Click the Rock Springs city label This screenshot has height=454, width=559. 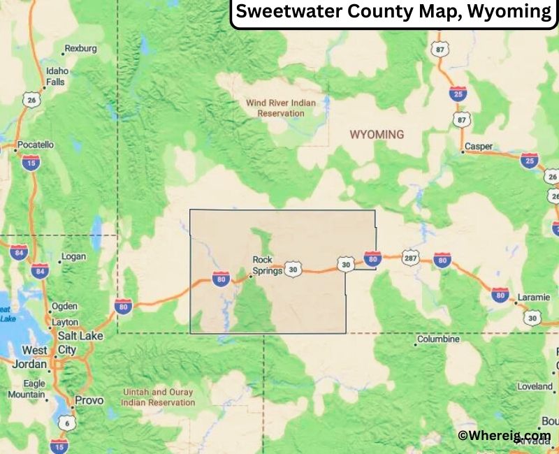(x=267, y=265)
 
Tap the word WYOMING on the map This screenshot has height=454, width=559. (x=377, y=134)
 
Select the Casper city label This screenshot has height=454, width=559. (x=479, y=146)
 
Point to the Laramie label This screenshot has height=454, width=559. (x=533, y=298)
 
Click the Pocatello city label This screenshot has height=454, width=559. (x=35, y=145)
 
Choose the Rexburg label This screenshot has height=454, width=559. (x=79, y=49)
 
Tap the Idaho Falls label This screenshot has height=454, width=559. (x=57, y=76)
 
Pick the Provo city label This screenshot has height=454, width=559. (x=89, y=400)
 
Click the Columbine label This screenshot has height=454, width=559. (x=438, y=339)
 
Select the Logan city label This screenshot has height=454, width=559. (x=73, y=256)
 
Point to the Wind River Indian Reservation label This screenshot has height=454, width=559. (x=280, y=108)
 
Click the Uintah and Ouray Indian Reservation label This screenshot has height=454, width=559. (x=158, y=397)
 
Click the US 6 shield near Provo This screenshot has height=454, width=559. (x=65, y=423)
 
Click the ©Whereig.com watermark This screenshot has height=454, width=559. (x=504, y=435)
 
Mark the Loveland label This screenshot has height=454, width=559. (x=535, y=386)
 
